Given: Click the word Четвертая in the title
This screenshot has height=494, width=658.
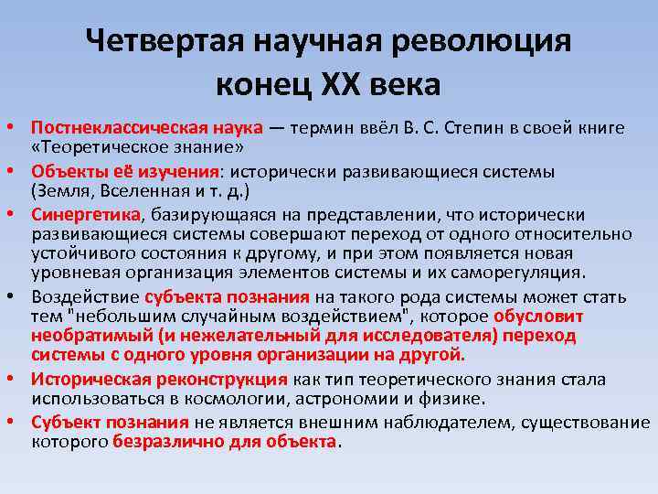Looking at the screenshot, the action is click(x=164, y=41).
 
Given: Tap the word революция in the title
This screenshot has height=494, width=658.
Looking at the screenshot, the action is click(x=481, y=42).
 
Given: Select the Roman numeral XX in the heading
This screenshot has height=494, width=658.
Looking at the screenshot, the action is click(x=341, y=85).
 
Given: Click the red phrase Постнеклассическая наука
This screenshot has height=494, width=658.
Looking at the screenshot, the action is click(x=147, y=128).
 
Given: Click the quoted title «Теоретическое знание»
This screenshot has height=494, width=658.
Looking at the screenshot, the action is click(x=138, y=147).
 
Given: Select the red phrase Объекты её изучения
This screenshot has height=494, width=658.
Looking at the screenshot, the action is click(x=125, y=172).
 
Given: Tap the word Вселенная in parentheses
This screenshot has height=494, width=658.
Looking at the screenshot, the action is click(x=144, y=191).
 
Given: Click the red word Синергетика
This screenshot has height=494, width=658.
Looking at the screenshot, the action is click(x=86, y=215).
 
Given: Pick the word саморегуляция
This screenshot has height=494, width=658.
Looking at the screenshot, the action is click(x=515, y=273).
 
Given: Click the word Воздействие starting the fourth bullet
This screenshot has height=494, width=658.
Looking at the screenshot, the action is click(x=85, y=297).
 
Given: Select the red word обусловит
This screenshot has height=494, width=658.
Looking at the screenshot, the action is click(x=538, y=317).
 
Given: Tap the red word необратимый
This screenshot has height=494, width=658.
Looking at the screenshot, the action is click(x=92, y=336).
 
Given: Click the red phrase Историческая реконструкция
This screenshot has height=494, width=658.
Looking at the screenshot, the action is click(x=159, y=380).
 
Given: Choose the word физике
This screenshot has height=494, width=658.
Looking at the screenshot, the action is click(x=451, y=399).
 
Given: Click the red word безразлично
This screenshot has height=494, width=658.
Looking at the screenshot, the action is click(x=168, y=442).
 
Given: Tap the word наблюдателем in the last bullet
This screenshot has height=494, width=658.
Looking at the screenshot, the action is click(x=448, y=422).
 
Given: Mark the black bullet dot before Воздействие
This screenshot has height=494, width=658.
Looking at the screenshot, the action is click(x=10, y=296).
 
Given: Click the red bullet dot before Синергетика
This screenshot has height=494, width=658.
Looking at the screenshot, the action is click(x=10, y=214).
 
